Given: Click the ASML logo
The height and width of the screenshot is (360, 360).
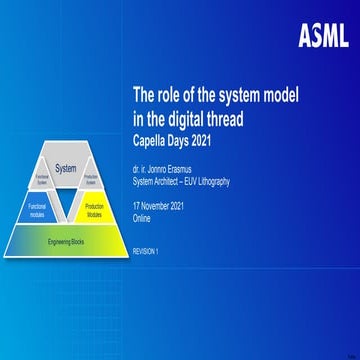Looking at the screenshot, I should coord(322,36).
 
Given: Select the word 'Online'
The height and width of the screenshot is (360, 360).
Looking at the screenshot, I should coord(145,201).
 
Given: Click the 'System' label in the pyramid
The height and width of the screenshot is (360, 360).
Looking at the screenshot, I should coord(66,168).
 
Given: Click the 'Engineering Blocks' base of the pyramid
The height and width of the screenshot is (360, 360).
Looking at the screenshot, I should coord(66,241).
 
